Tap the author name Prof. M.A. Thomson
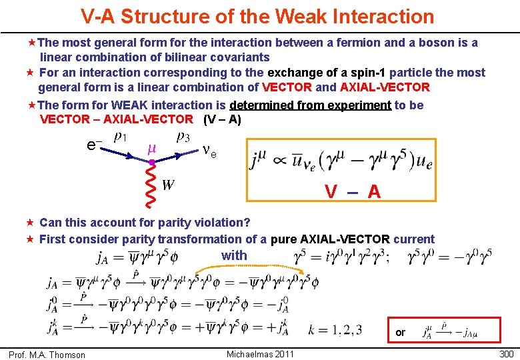click(47, 355)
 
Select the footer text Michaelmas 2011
click(260, 354)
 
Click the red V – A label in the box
click(353, 192)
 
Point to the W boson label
click(169, 185)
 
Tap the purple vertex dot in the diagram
click(152, 162)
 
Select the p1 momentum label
click(121, 138)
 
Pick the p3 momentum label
click(182, 138)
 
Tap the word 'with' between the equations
click(234, 255)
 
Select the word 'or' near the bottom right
click(400, 332)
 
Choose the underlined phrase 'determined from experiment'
click(310, 105)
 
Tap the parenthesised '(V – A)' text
click(222, 120)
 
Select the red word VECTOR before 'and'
click(287, 87)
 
